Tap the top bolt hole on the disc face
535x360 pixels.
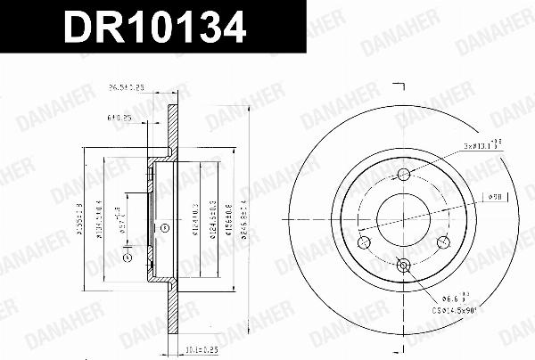(403, 174)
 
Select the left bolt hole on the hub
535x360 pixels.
(363, 241)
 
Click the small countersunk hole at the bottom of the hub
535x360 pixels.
(403, 264)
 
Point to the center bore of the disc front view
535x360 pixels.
(403, 217)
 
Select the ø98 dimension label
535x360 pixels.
(498, 196)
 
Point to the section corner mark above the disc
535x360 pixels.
(400, 89)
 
